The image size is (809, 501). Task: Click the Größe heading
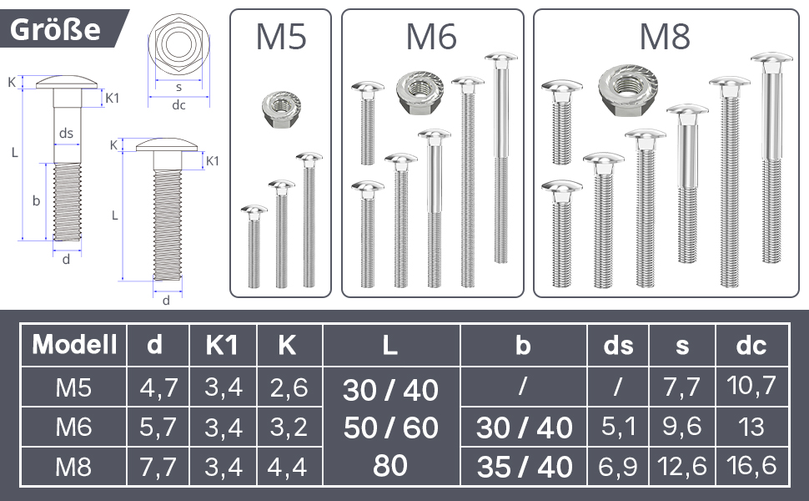pyautogui.click(x=55, y=29)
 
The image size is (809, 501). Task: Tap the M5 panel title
pyautogui.click(x=281, y=38)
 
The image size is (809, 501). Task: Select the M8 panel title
pyautogui.click(x=665, y=38)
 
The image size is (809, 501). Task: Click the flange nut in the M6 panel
pyautogui.click(x=420, y=92)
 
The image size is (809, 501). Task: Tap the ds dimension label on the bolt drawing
pyautogui.click(x=66, y=134)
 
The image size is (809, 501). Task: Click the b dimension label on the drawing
pyautogui.click(x=36, y=200)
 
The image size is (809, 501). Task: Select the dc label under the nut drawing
pyautogui.click(x=178, y=105)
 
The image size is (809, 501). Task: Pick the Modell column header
pyautogui.click(x=74, y=345)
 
